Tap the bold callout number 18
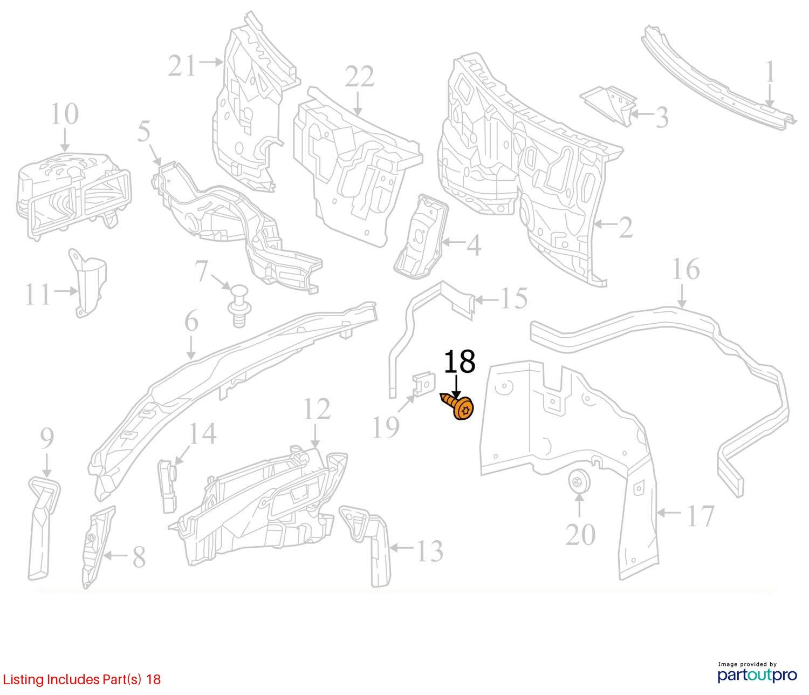click(x=459, y=362)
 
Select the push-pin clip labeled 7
click(x=239, y=305)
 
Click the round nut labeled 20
click(x=578, y=481)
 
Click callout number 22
click(x=359, y=77)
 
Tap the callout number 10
click(x=65, y=114)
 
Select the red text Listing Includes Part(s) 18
click(x=81, y=679)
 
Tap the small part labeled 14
click(x=168, y=485)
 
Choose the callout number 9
click(x=47, y=438)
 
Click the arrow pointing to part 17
click(x=670, y=512)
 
